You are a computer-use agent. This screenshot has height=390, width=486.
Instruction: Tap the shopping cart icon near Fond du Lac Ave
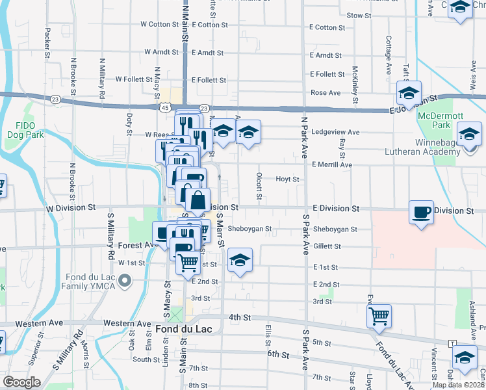tap(379, 316)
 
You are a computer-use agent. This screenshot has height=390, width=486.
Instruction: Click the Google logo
tap(21, 382)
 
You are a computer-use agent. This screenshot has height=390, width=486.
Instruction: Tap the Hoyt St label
tap(287, 179)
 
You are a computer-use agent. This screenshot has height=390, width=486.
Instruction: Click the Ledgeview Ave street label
tap(335, 132)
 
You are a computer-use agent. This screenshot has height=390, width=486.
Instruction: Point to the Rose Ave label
tap(326, 93)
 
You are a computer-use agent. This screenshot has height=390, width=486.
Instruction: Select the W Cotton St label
tap(160, 25)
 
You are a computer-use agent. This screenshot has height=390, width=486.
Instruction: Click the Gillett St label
tap(327, 246)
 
